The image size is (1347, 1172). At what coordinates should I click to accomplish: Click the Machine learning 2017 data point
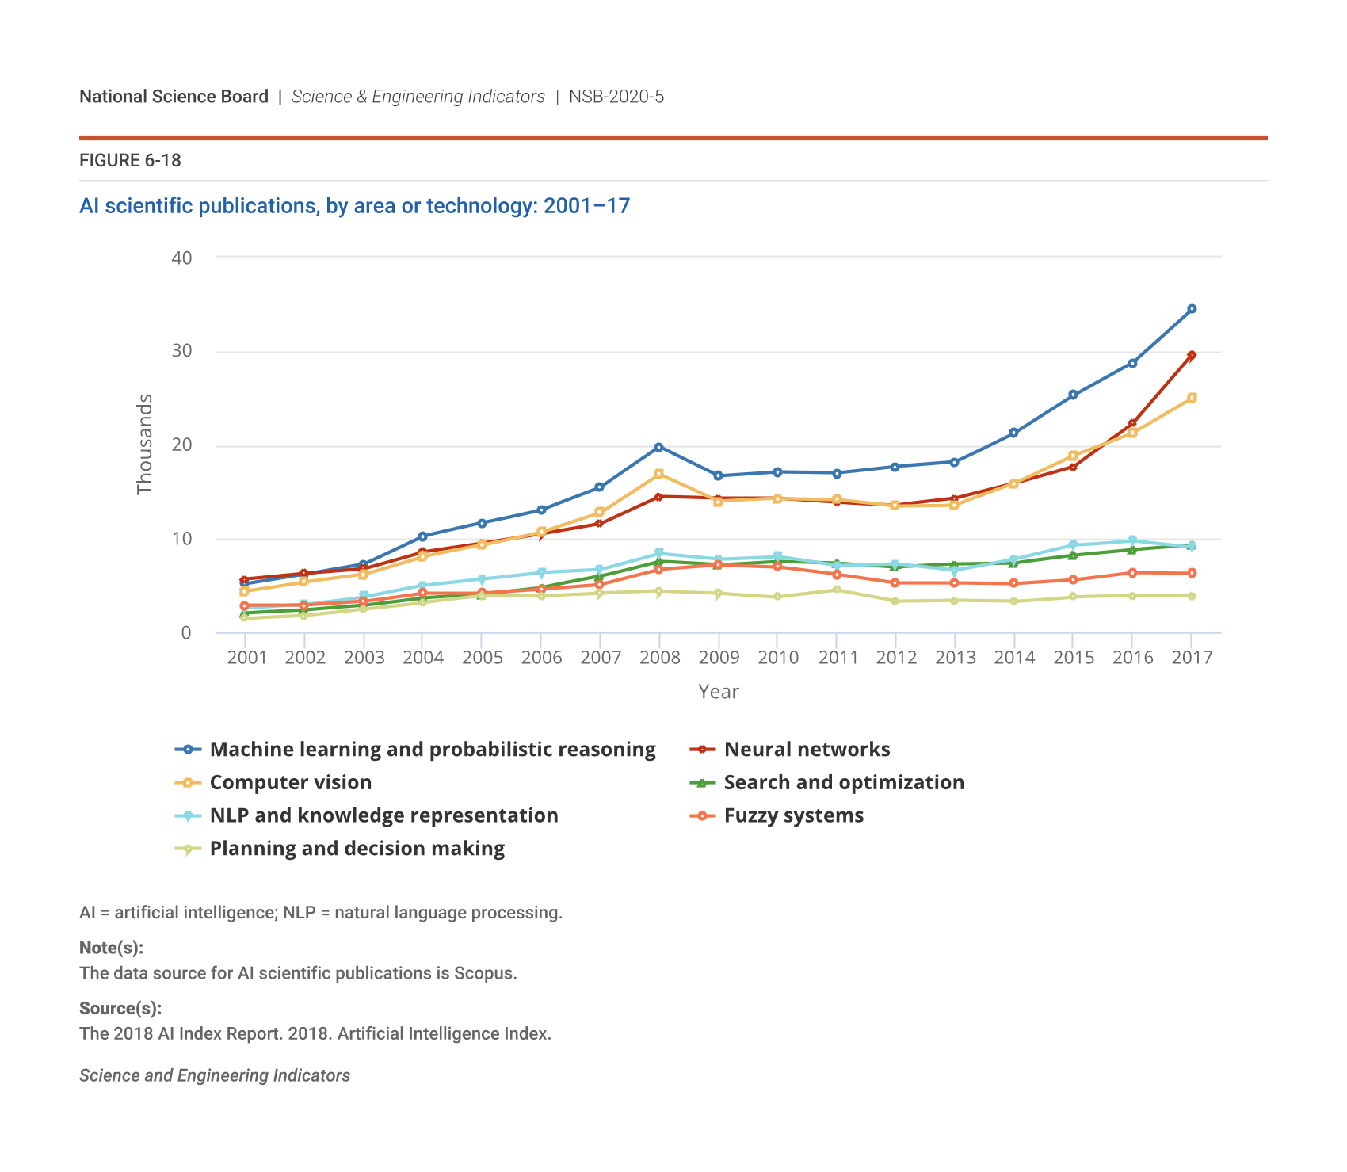pyautogui.click(x=1191, y=309)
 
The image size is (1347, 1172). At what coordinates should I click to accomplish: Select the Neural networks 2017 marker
pyautogui.click(x=1191, y=356)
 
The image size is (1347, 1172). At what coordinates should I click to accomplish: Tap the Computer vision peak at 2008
pyautogui.click(x=658, y=474)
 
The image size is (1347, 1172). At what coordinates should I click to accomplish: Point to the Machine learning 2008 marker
pyautogui.click(x=658, y=447)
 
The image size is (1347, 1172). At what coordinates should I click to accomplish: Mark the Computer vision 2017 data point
pyautogui.click(x=1191, y=398)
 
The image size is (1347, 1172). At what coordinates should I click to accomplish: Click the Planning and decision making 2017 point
pyautogui.click(x=1191, y=596)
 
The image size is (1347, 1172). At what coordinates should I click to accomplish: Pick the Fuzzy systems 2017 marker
pyautogui.click(x=1191, y=573)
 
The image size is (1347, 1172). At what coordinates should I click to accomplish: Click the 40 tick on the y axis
pyautogui.click(x=181, y=258)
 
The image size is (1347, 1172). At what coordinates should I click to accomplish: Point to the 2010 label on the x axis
pyautogui.click(x=777, y=658)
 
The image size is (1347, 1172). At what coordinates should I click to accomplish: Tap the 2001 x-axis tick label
pyautogui.click(x=246, y=658)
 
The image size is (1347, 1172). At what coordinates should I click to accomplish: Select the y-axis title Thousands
pyautogui.click(x=144, y=445)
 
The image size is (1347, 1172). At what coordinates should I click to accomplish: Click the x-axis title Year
pyautogui.click(x=718, y=692)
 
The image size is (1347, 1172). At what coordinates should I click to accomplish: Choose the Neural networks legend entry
pyautogui.click(x=807, y=750)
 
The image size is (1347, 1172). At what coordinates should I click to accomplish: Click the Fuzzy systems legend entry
pyautogui.click(x=793, y=816)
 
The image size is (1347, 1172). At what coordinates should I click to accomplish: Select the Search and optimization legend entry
pyautogui.click(x=843, y=783)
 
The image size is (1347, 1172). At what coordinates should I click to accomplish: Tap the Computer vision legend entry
pyautogui.click(x=290, y=783)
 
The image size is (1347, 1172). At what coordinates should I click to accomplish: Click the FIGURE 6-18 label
pyautogui.click(x=130, y=161)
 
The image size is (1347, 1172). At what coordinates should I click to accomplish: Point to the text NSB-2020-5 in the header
pyautogui.click(x=616, y=97)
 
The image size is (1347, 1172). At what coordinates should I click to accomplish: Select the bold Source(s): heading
pyautogui.click(x=120, y=1008)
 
